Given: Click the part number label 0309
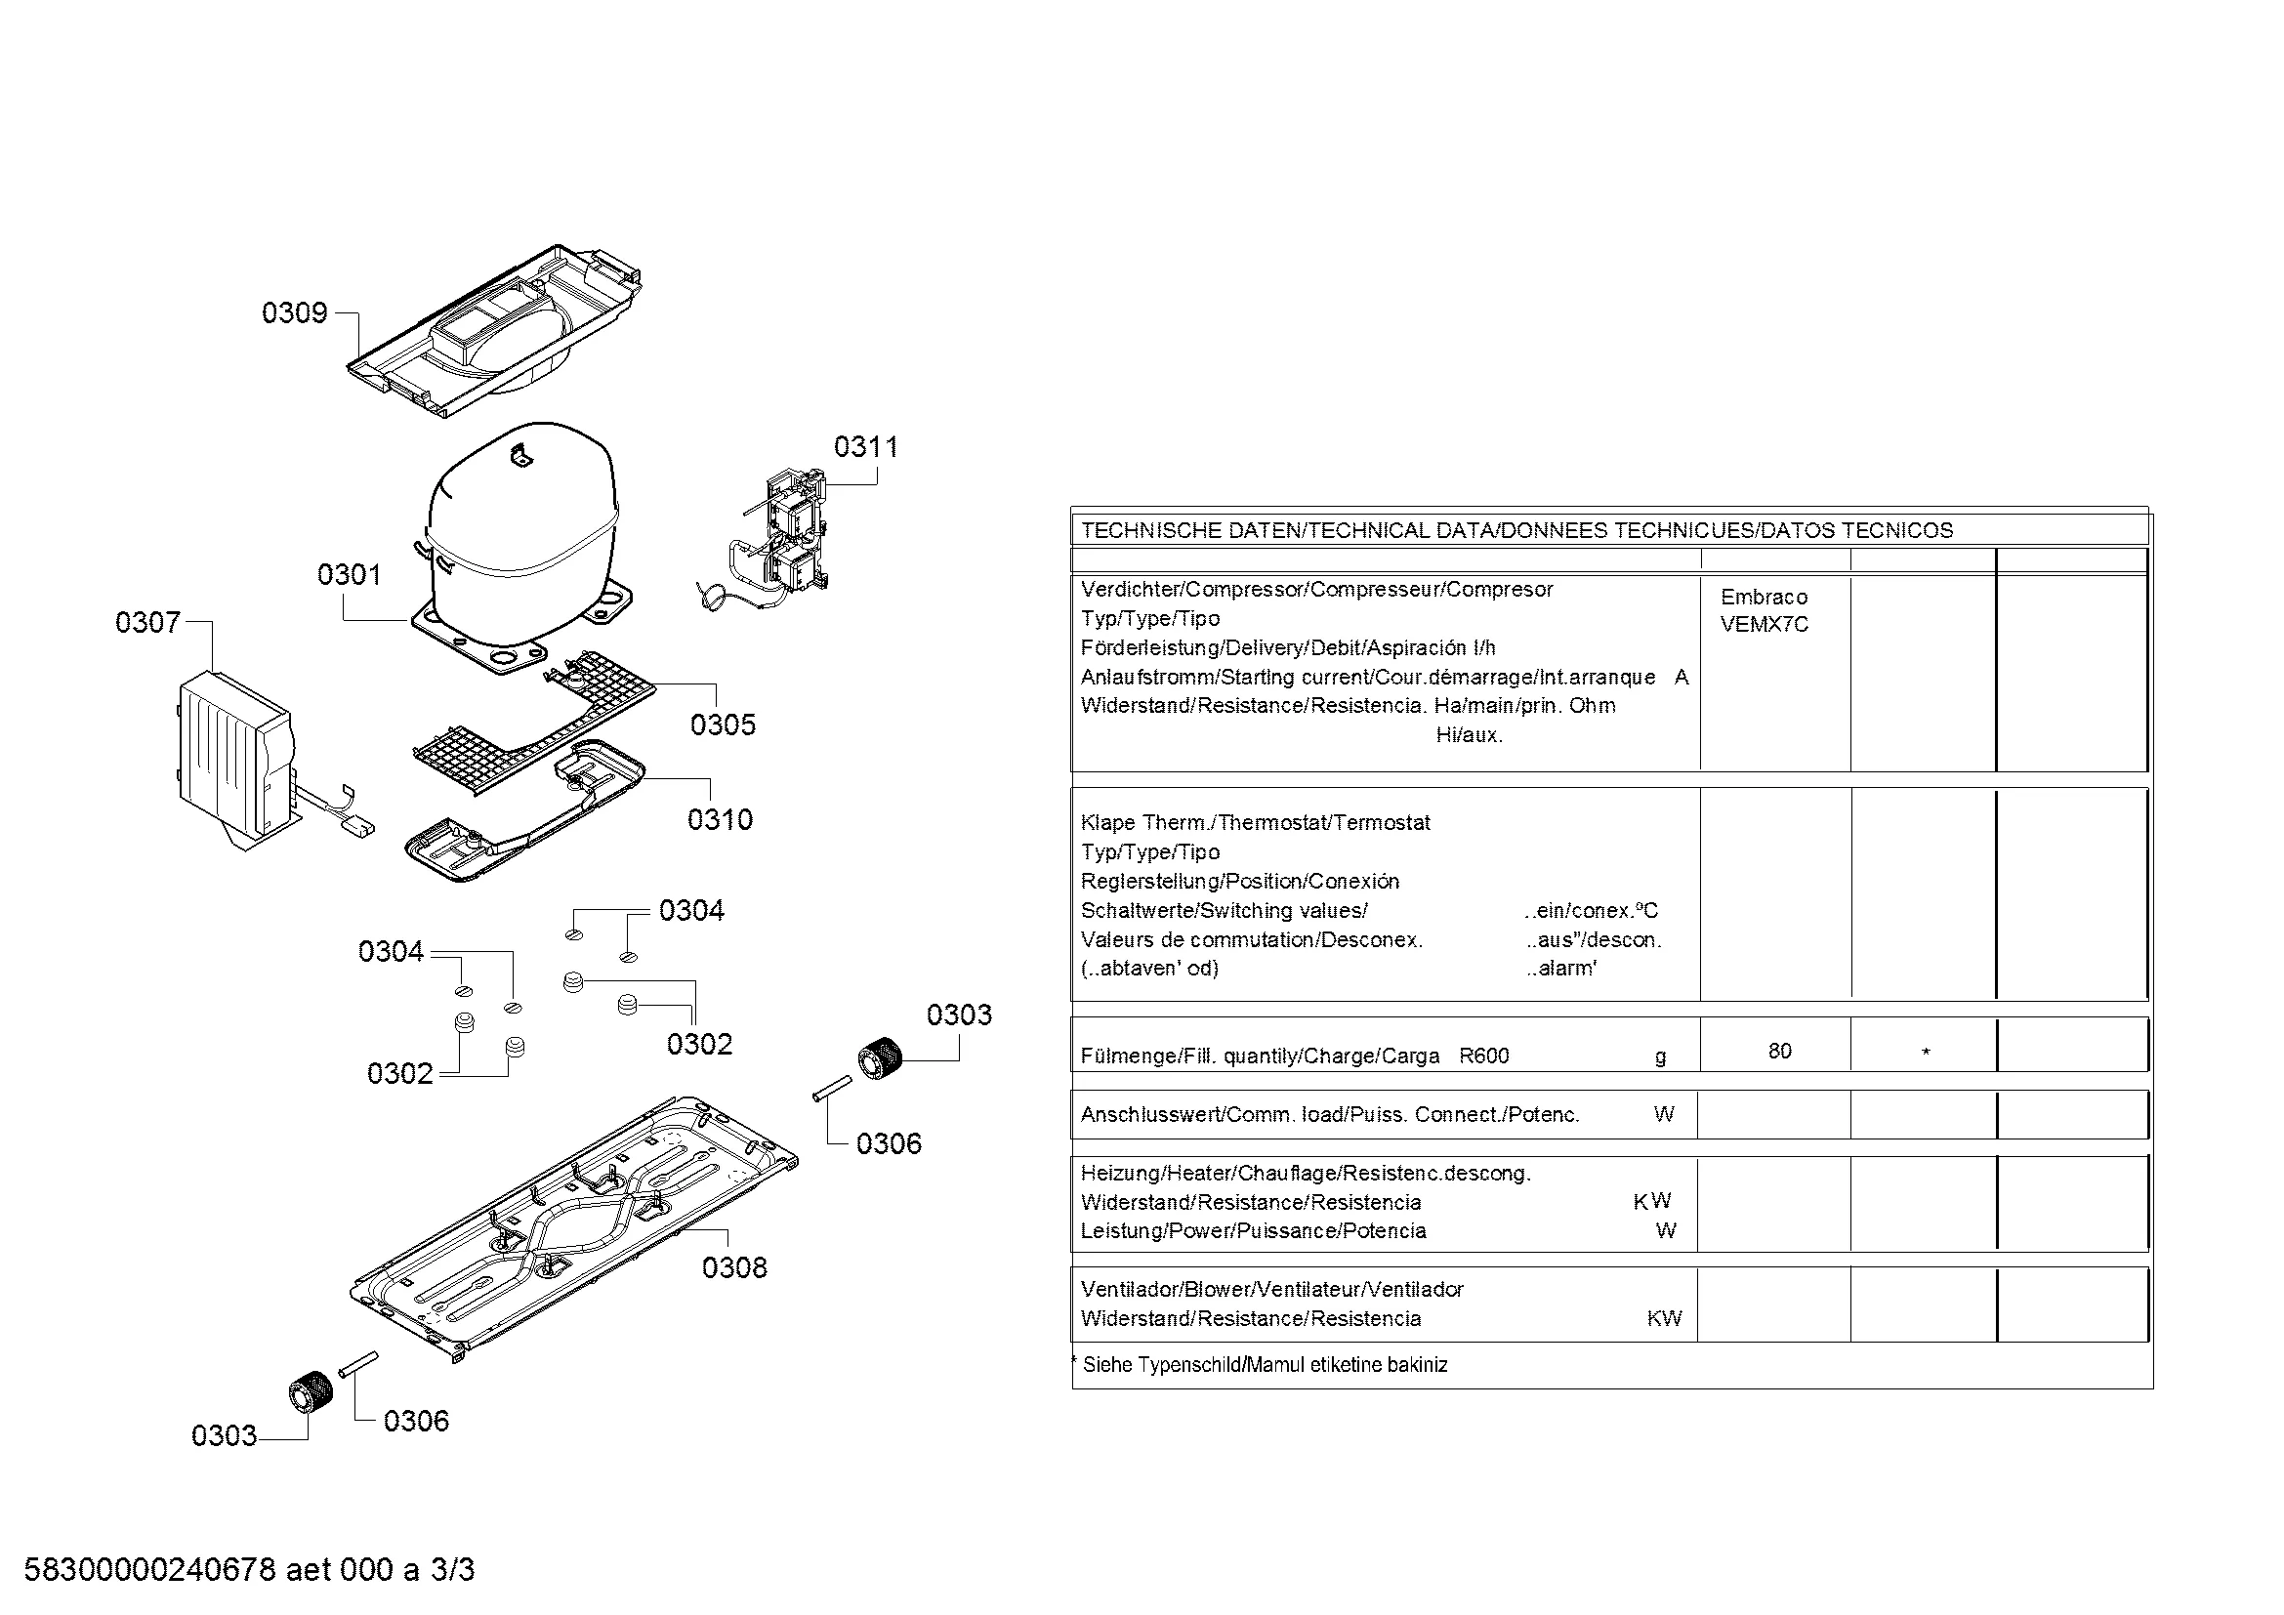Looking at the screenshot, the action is click(295, 313).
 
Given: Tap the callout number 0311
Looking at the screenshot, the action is click(865, 447).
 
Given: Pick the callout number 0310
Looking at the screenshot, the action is click(721, 820).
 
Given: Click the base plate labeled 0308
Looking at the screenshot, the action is click(574, 1226).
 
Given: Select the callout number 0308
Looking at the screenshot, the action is click(734, 1268).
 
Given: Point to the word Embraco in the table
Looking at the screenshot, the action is click(1764, 598).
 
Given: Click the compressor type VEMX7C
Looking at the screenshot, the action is click(1764, 625).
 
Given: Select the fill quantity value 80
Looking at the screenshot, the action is click(1780, 1052).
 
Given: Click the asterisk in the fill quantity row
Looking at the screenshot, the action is click(1926, 1053).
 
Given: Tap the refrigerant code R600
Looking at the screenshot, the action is click(1483, 1056).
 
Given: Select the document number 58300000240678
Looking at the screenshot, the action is click(149, 1569).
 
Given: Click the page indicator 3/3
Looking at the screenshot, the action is click(453, 1569).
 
